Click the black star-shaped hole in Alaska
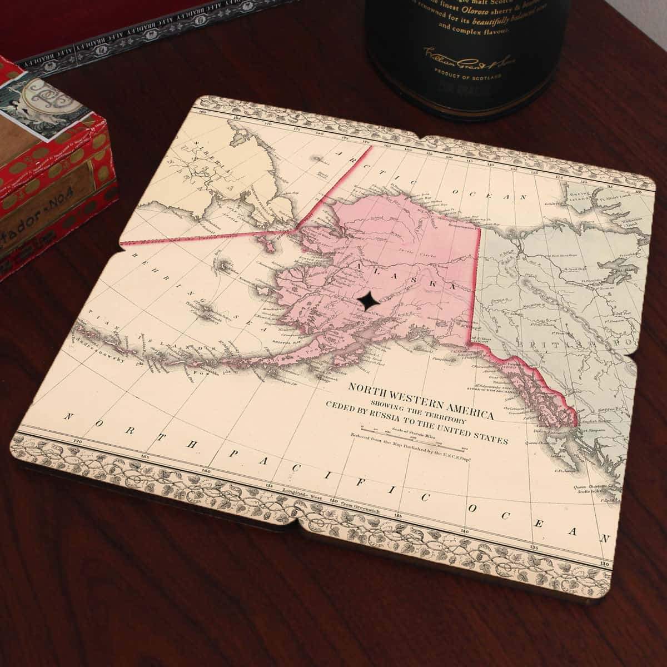click(369, 301)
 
